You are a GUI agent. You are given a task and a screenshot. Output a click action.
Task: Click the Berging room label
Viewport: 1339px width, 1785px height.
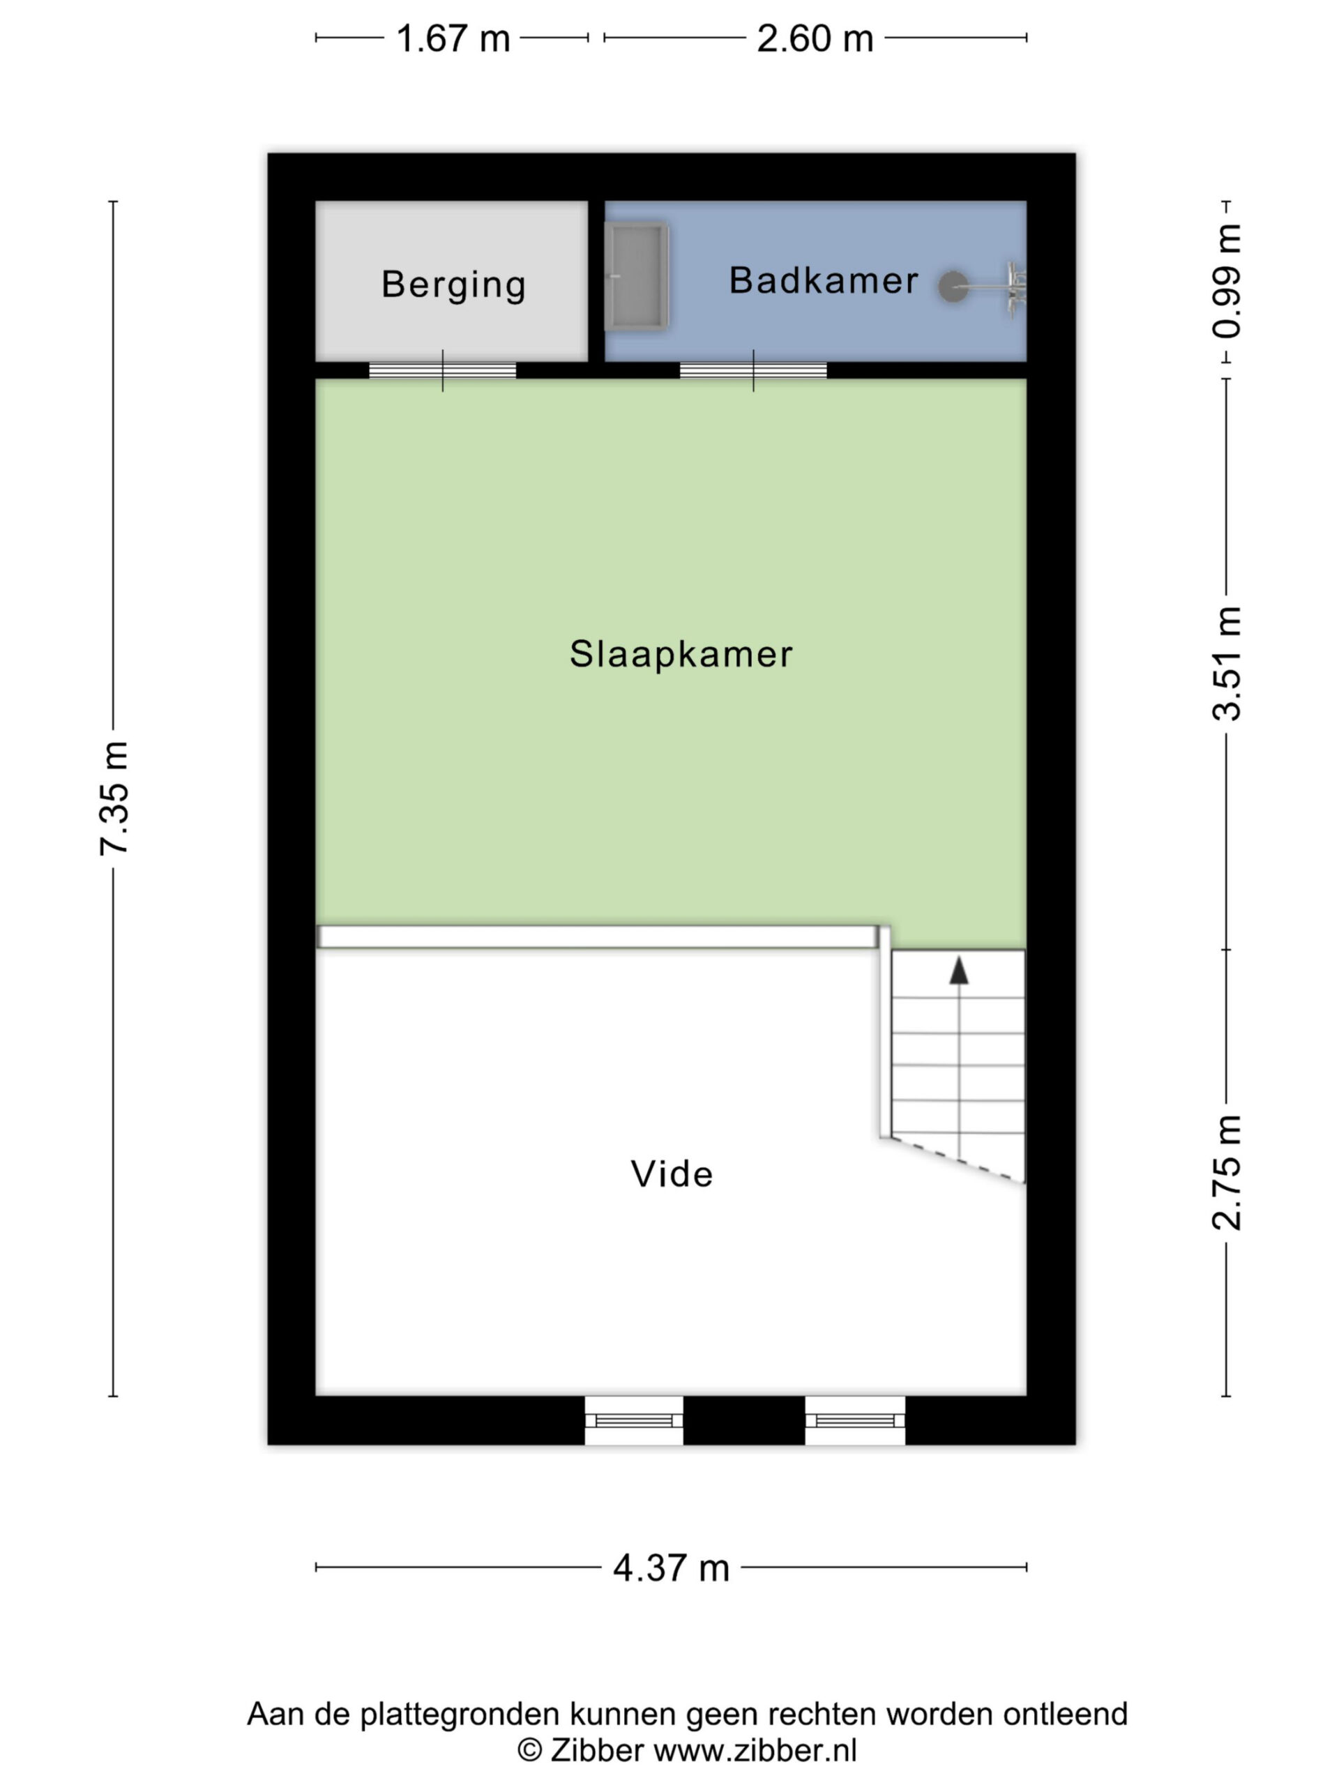[453, 285]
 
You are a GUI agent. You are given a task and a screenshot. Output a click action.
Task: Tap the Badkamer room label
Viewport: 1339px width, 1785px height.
[823, 280]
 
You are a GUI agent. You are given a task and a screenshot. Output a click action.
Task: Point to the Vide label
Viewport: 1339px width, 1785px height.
[672, 1174]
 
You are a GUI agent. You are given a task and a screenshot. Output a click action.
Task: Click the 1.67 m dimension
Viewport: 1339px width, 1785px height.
[453, 38]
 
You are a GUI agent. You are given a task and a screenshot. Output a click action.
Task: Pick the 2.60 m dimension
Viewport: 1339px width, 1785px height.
[815, 38]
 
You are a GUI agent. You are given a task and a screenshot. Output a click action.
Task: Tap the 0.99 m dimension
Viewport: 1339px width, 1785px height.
[1226, 281]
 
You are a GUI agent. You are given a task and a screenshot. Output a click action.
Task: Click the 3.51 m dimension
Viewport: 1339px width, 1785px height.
[1226, 662]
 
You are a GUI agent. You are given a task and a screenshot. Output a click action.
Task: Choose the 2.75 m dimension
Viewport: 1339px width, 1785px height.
[1226, 1173]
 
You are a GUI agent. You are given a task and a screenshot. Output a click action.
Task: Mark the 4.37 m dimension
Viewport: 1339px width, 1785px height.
[671, 1567]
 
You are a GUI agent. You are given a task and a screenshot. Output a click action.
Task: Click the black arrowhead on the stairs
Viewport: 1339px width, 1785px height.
[958, 970]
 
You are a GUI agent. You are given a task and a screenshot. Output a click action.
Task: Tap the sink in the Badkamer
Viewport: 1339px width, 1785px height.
[637, 276]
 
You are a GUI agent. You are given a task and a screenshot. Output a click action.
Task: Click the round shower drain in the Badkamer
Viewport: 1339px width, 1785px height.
[953, 286]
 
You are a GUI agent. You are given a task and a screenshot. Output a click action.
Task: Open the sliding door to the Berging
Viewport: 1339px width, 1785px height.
[442, 370]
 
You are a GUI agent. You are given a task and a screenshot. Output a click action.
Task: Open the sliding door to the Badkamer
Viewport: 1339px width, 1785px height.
[753, 370]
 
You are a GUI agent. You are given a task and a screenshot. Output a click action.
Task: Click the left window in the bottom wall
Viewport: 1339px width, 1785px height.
[633, 1420]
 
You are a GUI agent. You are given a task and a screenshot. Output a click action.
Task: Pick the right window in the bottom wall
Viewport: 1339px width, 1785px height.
[855, 1420]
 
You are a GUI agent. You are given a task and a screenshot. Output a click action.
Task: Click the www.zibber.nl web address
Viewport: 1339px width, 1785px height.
[755, 1750]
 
